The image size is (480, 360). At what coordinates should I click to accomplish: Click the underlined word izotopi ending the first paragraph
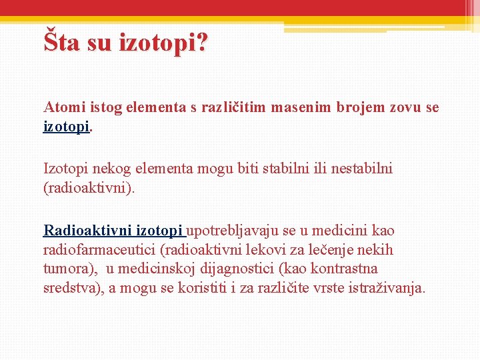point(66,126)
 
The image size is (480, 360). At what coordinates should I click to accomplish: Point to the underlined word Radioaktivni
point(88,231)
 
